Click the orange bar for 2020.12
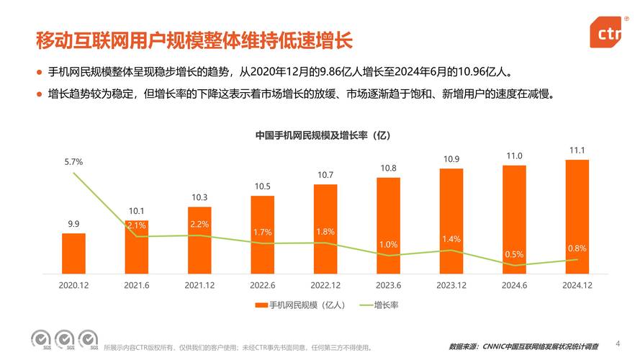tap(73, 253)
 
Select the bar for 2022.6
tap(262, 234)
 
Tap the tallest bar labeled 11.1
tap(577, 216)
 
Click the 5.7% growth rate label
tap(73, 162)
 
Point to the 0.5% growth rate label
tap(514, 254)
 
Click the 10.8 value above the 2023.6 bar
tap(388, 168)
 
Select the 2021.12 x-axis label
tap(199, 284)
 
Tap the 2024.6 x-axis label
tap(514, 284)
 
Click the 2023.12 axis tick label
tap(451, 284)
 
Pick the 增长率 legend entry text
tap(386, 305)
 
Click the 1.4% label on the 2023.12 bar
tap(451, 238)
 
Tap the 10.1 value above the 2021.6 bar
tap(137, 210)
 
